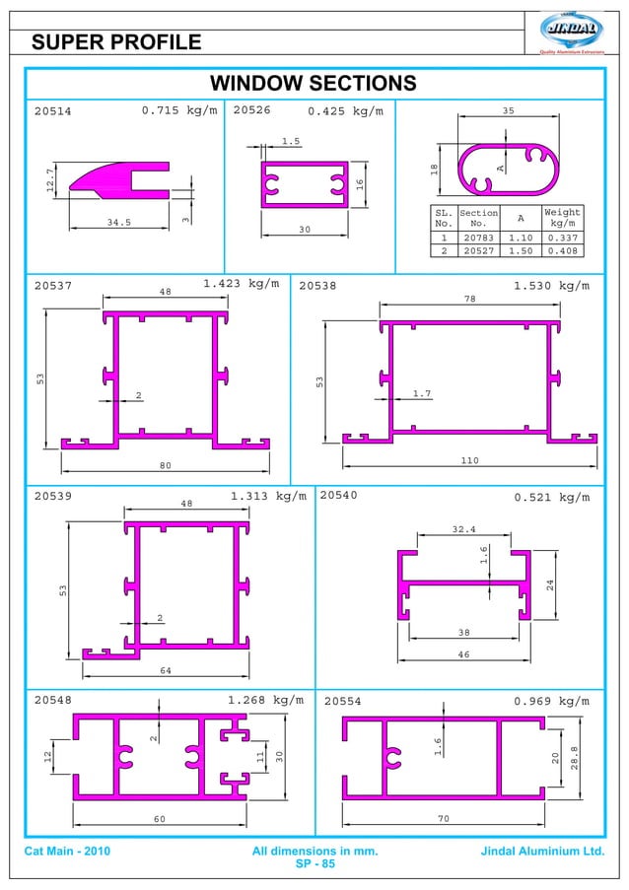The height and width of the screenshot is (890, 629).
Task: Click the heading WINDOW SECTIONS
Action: (314, 83)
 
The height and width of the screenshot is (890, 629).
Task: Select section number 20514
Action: (53, 111)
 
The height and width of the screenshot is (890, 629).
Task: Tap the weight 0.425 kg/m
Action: (345, 110)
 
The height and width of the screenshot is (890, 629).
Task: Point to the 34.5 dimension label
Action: (118, 223)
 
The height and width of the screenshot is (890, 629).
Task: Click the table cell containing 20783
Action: (478, 238)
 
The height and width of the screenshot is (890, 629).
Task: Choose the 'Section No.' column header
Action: (478, 218)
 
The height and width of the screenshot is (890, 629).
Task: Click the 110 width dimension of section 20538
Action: (470, 460)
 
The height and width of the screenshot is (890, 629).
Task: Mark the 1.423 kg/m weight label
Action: (241, 284)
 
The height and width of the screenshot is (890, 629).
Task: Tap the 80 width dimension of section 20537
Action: (166, 465)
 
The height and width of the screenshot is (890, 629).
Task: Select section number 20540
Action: (339, 496)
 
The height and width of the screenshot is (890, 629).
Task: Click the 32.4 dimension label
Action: (463, 529)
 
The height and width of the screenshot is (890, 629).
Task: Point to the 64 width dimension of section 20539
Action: (166, 670)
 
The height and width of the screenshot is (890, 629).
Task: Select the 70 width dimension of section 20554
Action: (443, 818)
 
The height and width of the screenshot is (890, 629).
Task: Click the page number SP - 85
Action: (315, 864)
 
